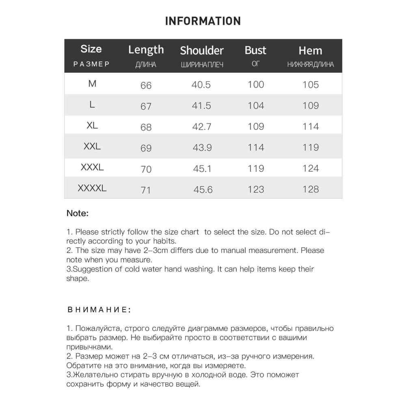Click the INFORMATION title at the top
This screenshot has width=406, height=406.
[x=203, y=21]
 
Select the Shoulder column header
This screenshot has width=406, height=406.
[x=202, y=51]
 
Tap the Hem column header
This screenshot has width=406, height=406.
[x=310, y=51]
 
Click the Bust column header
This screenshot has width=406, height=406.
[x=255, y=50]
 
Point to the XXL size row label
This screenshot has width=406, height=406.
[x=92, y=147]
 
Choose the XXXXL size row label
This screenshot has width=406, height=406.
[x=92, y=188]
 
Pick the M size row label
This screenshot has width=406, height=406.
[x=92, y=84]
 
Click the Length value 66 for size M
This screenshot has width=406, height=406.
[x=146, y=85]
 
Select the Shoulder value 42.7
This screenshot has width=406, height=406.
[x=201, y=127]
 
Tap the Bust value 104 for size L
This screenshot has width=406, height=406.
[x=256, y=106]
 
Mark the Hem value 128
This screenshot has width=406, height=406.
[x=311, y=189]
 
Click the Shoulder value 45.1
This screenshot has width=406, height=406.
[x=201, y=168]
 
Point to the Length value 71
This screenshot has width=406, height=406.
[x=145, y=190]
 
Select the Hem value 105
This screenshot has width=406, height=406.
[x=311, y=85]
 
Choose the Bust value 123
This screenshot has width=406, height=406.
[x=256, y=189]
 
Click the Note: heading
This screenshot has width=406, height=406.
[x=78, y=213]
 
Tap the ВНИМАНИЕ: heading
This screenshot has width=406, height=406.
[x=99, y=310]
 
